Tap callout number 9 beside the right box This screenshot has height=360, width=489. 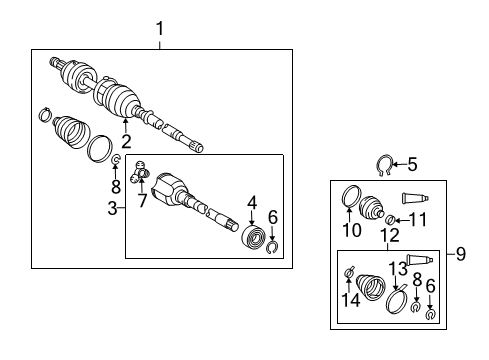click(461, 254)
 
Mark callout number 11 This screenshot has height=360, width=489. click(420, 219)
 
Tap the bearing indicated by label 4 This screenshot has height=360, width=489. click(256, 239)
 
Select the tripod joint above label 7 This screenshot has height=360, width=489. click(141, 171)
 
